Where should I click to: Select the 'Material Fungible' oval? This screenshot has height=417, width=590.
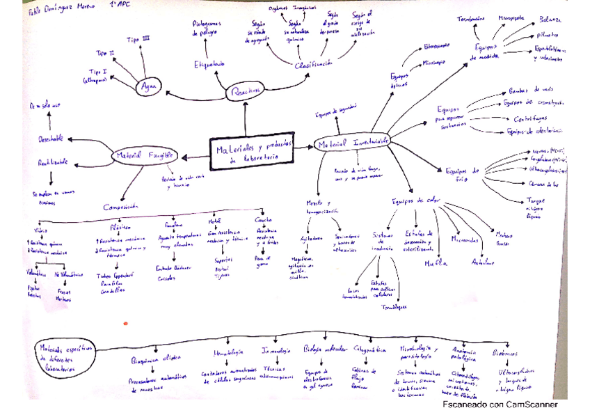(145, 155)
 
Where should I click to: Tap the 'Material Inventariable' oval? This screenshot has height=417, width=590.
(352, 142)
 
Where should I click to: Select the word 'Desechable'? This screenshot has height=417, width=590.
(51, 138)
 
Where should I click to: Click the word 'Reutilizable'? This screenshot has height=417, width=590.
(53, 163)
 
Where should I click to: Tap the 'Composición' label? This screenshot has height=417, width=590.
(126, 207)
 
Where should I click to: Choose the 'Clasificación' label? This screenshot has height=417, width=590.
(314, 64)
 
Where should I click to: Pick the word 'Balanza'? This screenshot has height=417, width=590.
(550, 20)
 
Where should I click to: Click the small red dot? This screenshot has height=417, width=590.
(125, 323)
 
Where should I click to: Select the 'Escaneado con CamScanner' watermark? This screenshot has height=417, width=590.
(500, 404)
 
